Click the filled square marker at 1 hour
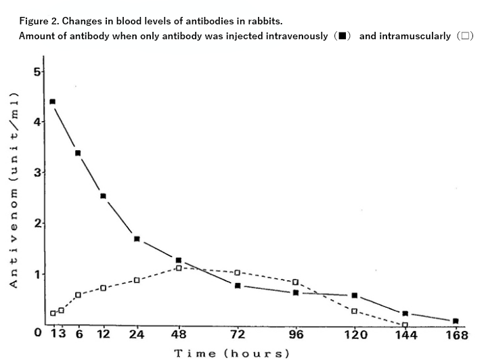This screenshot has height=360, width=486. click(53, 102)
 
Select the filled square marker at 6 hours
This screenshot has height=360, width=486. click(78, 154)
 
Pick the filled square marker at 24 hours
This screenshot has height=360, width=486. click(137, 239)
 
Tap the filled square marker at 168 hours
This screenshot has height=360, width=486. click(456, 321)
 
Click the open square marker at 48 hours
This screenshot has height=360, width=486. click(179, 268)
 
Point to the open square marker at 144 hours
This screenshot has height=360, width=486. click(405, 325)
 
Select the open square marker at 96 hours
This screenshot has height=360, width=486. click(295, 282)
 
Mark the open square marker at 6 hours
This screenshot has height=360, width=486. click(78, 295)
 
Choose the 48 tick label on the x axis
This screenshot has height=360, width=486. click(179, 335)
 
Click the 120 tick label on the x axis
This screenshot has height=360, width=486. click(355, 335)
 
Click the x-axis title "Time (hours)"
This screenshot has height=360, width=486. click(231, 353)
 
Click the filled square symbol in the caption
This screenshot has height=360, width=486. click(343, 36)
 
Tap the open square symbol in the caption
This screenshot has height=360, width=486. click(465, 36)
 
